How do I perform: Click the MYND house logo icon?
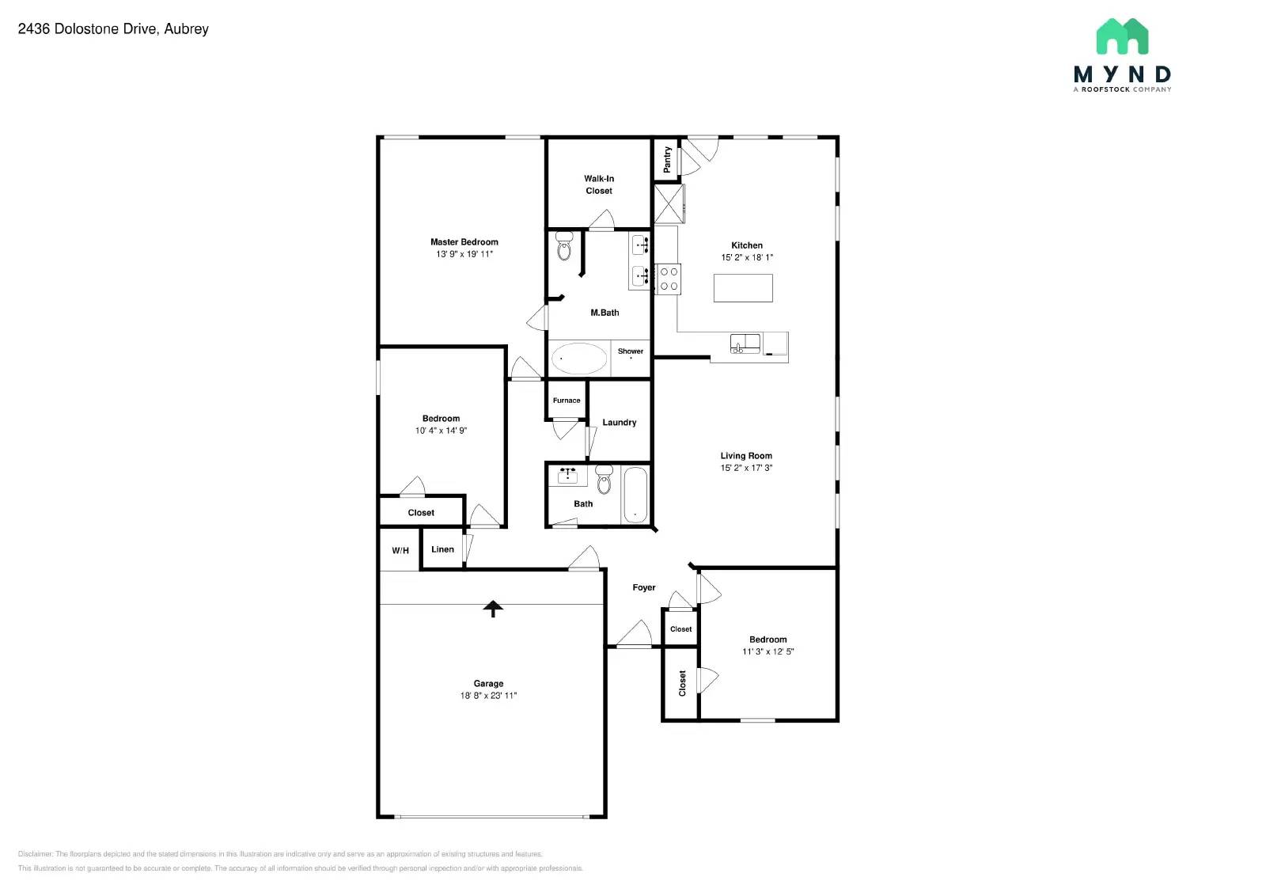(x=1122, y=37)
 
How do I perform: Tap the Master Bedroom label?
(x=464, y=242)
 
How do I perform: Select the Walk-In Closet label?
(x=599, y=184)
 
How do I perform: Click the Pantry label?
(x=667, y=159)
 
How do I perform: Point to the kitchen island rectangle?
(x=743, y=288)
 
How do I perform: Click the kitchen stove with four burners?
(x=669, y=279)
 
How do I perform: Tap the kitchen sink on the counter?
(x=745, y=344)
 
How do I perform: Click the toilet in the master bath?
(x=564, y=246)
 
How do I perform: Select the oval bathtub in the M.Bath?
(x=578, y=359)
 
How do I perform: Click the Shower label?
(x=631, y=351)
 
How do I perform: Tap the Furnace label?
(x=567, y=401)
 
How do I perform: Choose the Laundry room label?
(x=620, y=423)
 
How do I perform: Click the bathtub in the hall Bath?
(x=635, y=495)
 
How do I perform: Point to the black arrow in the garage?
(x=493, y=608)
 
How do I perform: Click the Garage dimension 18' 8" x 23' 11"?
(x=488, y=696)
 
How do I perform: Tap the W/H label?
(x=400, y=551)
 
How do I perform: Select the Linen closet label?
(x=442, y=549)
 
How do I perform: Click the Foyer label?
(x=644, y=587)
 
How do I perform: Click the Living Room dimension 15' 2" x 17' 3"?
(x=746, y=468)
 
